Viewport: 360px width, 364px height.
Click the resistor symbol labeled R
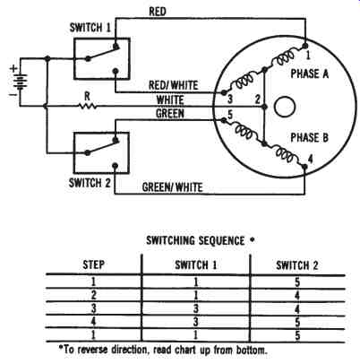pyautogui.click(x=87, y=106)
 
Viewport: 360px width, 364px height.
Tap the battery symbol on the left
pyautogui.click(x=21, y=82)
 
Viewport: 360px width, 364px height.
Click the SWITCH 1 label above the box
pyautogui.click(x=90, y=28)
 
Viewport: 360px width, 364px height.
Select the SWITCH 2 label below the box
pyautogui.click(x=90, y=183)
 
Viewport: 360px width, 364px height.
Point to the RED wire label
pyautogui.click(x=158, y=12)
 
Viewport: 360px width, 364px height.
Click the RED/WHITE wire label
pyautogui.click(x=173, y=85)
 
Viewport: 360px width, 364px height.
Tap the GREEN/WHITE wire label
pyautogui.click(x=173, y=187)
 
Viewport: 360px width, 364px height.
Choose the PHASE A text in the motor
pyautogui.click(x=310, y=74)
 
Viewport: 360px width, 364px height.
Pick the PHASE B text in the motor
pyautogui.click(x=310, y=138)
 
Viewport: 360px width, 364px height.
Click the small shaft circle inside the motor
pyautogui.click(x=285, y=107)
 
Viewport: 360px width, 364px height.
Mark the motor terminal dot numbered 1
pyautogui.click(x=304, y=46)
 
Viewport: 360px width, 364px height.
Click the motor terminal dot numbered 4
pyautogui.click(x=304, y=167)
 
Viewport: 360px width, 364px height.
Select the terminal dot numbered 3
pyautogui.click(x=224, y=92)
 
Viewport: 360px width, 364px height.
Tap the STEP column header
pyautogui.click(x=93, y=264)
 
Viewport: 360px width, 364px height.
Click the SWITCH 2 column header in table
pyautogui.click(x=297, y=265)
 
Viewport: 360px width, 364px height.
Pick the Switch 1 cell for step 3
pyautogui.click(x=195, y=308)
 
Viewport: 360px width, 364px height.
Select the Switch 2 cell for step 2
pyautogui.click(x=297, y=295)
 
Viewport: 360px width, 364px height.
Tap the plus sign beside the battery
pyautogui.click(x=13, y=68)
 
